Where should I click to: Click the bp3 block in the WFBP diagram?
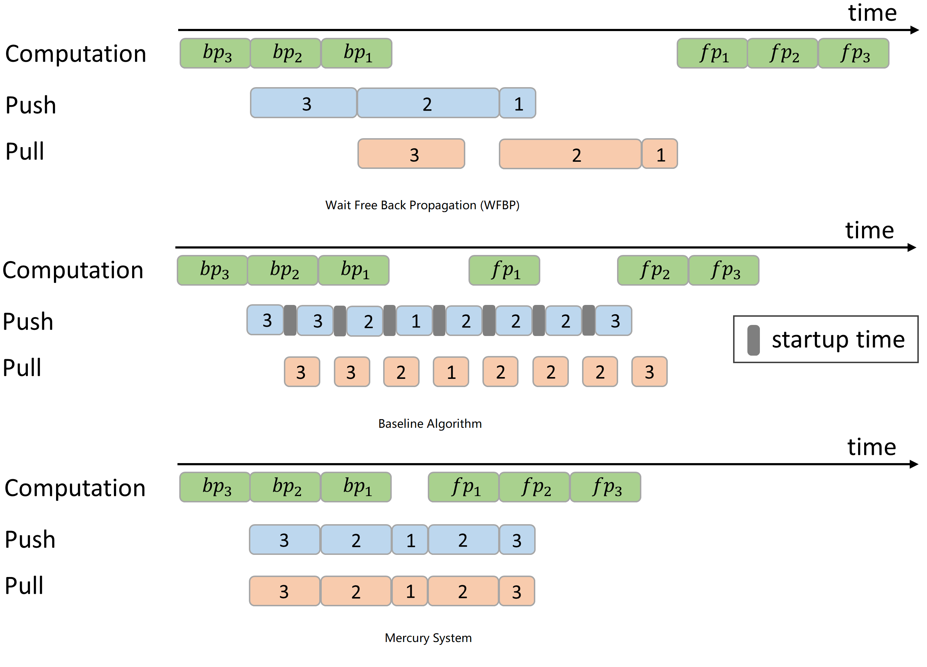point(215,53)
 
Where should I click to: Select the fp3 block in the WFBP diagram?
point(853,53)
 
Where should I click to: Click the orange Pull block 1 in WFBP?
point(660,154)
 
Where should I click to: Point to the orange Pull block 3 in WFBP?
point(411,154)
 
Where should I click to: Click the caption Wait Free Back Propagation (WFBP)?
point(422,205)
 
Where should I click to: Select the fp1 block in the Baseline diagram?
point(504,271)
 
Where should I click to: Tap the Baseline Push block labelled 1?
point(415,321)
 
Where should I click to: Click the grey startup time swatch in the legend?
point(753,340)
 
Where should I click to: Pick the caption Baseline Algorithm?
point(430,424)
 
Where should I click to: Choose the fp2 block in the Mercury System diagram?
point(534,487)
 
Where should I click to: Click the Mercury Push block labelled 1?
point(410,540)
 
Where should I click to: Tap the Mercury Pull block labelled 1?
point(410,591)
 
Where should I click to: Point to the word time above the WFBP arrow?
point(872,13)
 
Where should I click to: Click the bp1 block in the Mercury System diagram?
point(356,487)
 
